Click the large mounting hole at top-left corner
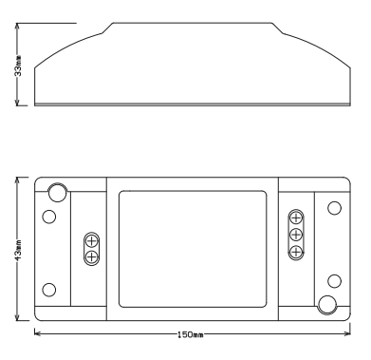tap(57, 193)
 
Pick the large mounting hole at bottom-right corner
tap(327, 305)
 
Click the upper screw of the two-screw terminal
tap(91, 241)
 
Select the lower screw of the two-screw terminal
tap(91, 256)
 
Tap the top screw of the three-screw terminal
tap(295, 218)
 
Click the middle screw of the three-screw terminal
tap(295, 234)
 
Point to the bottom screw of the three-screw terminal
tap(295, 250)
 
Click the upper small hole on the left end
tap(49, 216)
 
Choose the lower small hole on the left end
tap(49, 289)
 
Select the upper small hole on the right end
tap(333, 208)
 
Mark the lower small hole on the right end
tap(333, 281)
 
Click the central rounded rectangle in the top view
tap(193, 249)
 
